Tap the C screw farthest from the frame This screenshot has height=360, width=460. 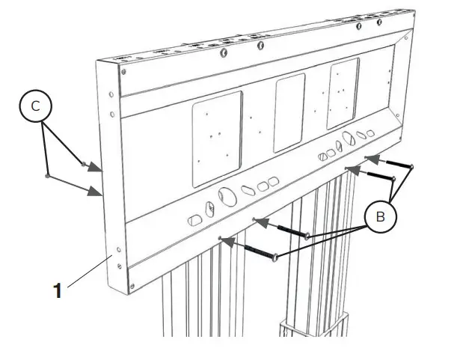tap(48, 177)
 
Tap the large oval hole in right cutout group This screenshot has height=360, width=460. tap(349, 141)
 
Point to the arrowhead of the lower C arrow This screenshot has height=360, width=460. tap(97, 192)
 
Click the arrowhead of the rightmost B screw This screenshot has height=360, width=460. tap(367, 158)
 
